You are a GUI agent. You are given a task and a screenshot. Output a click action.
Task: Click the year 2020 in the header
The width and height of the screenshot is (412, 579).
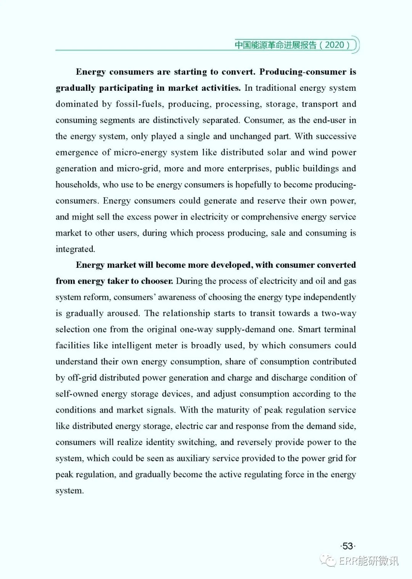point(335,45)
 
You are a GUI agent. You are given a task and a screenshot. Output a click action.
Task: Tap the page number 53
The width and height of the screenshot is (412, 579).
point(348,546)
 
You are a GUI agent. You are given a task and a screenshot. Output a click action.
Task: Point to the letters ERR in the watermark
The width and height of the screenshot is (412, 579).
point(349,561)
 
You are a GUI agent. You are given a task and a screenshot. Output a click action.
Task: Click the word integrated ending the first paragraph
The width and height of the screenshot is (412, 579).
point(75,249)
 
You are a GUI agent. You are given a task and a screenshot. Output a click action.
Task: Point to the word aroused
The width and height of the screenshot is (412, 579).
point(124,313)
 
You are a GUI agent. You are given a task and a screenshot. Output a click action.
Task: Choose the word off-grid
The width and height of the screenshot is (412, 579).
point(81,378)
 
